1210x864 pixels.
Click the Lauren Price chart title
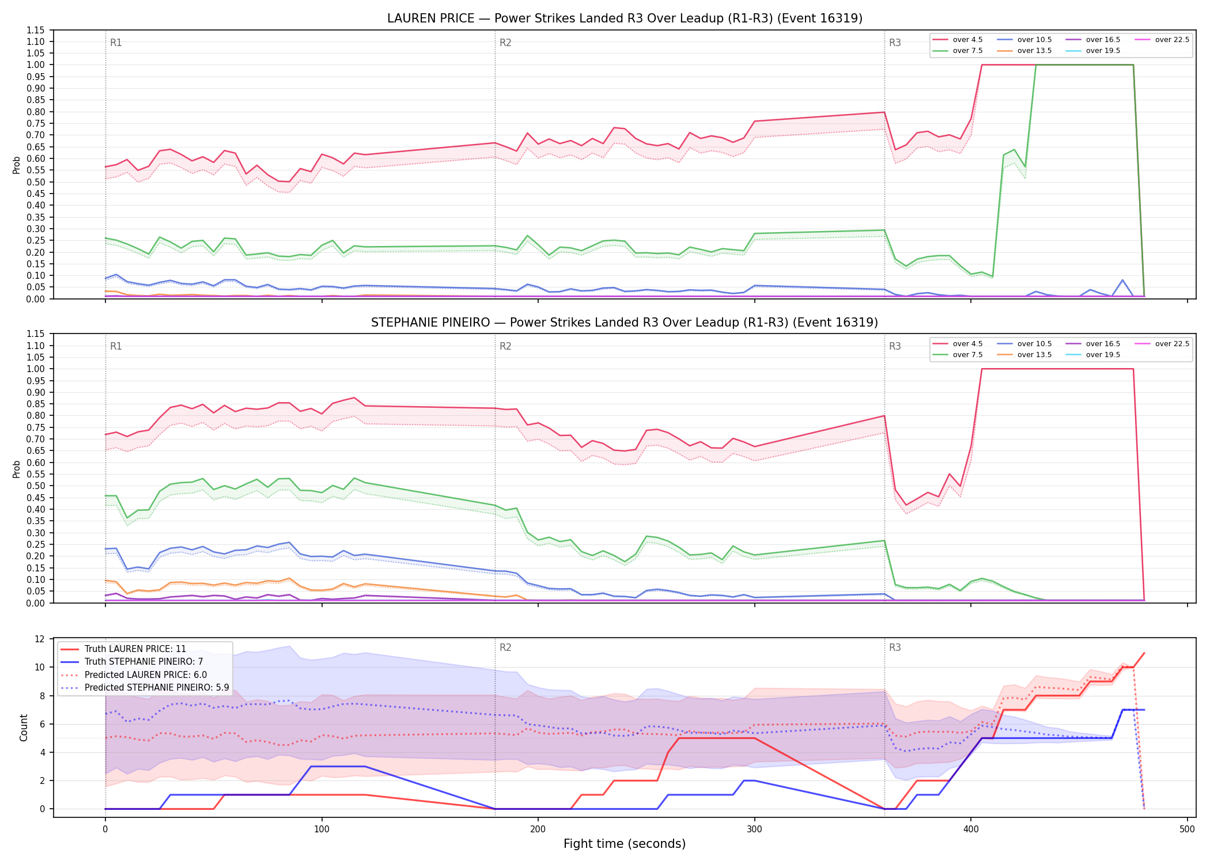pos(625,18)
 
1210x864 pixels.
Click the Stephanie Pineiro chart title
pos(625,323)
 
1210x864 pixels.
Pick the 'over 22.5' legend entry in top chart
pos(1162,40)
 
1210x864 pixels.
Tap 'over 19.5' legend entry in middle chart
pos(1093,355)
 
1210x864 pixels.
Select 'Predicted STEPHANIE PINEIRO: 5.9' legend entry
pos(145,688)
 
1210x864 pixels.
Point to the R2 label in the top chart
pos(505,43)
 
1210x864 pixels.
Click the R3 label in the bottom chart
pos(895,647)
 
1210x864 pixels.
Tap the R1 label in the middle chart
pos(116,346)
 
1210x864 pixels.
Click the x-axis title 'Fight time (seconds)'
pos(625,844)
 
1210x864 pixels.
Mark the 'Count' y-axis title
pos(24,727)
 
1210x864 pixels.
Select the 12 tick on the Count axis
pos(40,639)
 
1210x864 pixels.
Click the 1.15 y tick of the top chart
pos(36,30)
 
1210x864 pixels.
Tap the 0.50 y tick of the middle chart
pos(36,486)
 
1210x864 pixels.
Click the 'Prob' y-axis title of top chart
pos(17,165)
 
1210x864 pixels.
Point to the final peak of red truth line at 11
pos(1144,653)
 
